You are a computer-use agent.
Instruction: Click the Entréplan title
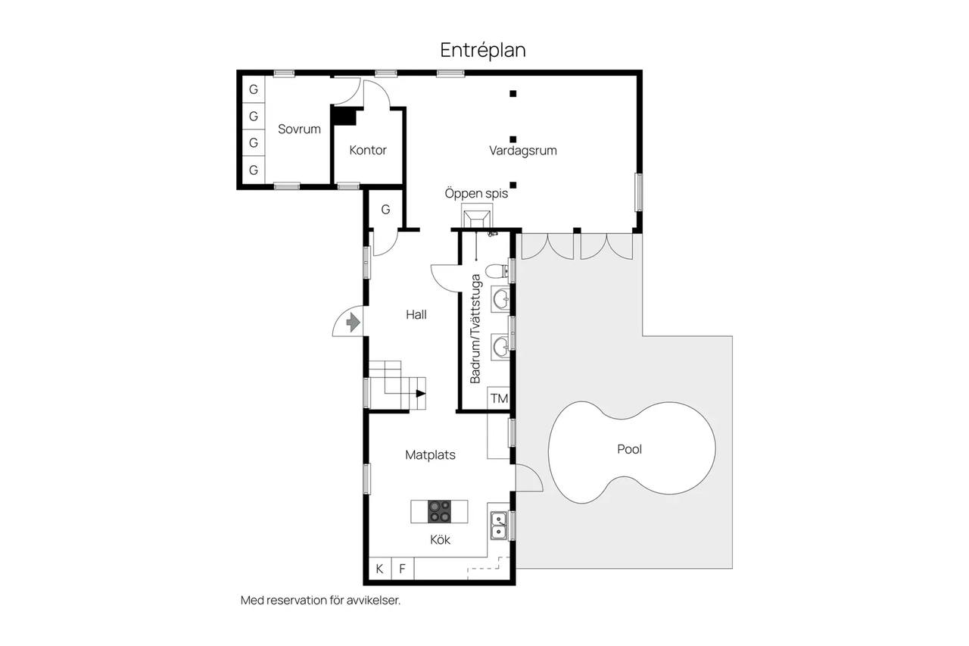pos(483,51)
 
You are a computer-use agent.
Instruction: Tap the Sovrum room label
pos(299,129)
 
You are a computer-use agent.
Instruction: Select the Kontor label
pos(368,150)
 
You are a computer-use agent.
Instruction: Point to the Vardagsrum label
pos(523,151)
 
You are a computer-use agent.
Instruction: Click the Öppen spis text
pos(476,193)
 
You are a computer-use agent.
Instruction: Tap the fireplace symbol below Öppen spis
pos(477,219)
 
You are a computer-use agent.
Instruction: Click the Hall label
pos(416,314)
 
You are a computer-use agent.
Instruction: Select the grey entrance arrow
pos(354,323)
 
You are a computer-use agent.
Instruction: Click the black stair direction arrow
pos(421,393)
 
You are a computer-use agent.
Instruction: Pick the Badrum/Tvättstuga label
pos(475,329)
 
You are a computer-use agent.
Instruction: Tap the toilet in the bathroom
pos(497,271)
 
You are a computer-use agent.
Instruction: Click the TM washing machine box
pos(499,398)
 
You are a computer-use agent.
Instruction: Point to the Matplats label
pos(431,454)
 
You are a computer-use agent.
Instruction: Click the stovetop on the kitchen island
pos(440,511)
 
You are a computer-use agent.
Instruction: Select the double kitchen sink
pos(499,526)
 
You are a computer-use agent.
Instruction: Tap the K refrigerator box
pos(380,569)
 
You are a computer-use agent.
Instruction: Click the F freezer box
pos(403,569)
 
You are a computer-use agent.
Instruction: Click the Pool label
pos(629,449)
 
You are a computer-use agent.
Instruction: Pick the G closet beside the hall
pos(385,210)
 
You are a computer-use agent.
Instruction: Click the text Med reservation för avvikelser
pos(320,600)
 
